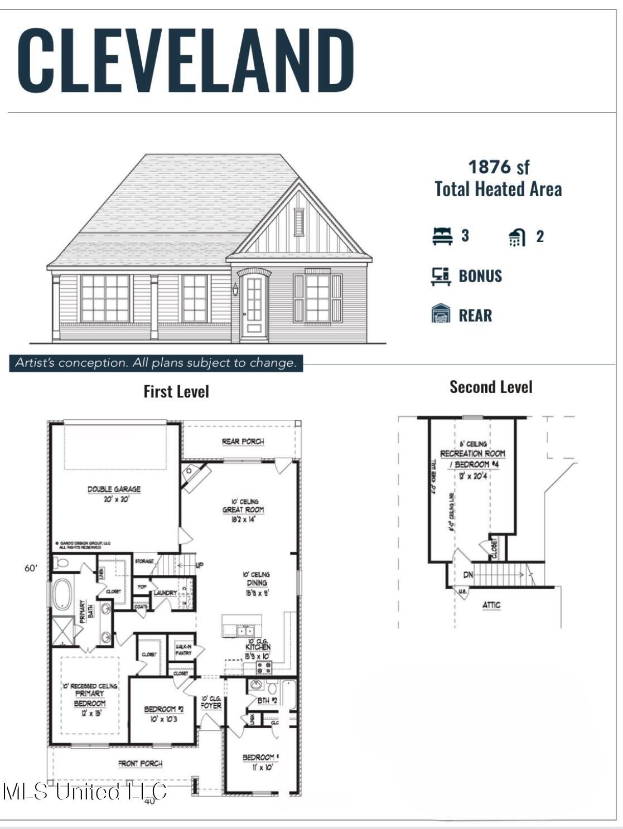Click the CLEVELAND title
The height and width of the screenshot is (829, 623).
point(186,60)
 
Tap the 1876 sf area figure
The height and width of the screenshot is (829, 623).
point(498,167)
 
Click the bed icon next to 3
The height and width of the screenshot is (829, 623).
point(442,236)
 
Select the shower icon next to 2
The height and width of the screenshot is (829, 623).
point(516,237)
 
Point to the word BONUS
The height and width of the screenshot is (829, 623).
point(480,276)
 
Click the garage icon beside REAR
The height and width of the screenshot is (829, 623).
point(441,314)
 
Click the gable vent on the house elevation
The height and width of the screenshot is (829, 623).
point(300,222)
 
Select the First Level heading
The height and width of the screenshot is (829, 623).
point(176,391)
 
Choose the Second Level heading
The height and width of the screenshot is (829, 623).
point(491,387)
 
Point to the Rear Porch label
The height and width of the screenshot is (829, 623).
point(243,442)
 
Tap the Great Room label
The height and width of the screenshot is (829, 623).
point(243,510)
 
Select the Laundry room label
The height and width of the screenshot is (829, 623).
point(165,593)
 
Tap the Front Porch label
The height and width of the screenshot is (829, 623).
point(140,763)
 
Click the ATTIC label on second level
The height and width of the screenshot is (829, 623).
point(491,605)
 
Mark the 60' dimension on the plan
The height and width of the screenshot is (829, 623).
point(31,568)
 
